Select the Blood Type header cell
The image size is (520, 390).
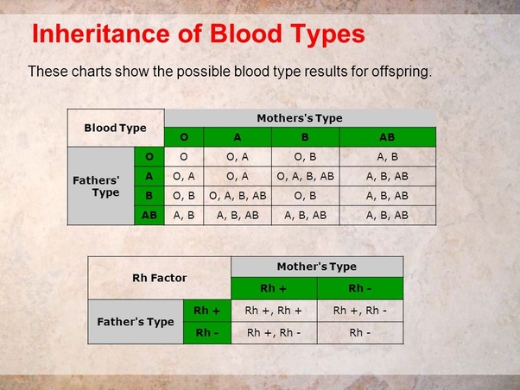[115, 128]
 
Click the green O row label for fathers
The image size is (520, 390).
[149, 156]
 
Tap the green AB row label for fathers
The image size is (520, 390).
[149, 215]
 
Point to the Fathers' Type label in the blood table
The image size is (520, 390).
[101, 186]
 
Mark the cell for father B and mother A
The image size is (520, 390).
[238, 196]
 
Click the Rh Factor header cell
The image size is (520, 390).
[160, 278]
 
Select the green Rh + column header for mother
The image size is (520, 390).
[274, 288]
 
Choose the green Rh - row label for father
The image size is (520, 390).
[207, 331]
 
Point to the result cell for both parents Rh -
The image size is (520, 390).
[360, 331]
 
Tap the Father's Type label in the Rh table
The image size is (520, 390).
[136, 321]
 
